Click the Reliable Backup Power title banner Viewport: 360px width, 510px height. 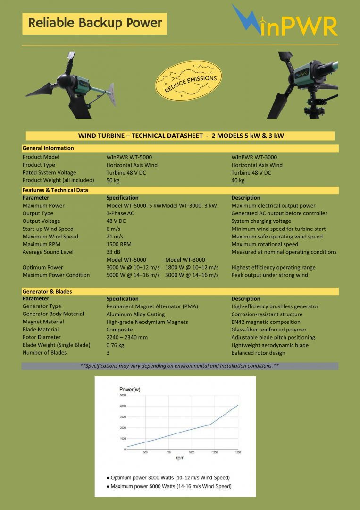click(94, 23)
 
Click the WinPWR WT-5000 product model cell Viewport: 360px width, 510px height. click(129, 157)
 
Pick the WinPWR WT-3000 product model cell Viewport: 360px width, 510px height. click(254, 157)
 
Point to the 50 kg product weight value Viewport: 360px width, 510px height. click(113, 180)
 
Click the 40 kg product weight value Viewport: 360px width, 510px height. click(238, 180)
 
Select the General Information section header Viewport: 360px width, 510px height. click(48, 148)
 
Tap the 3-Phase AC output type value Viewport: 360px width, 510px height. click(120, 213)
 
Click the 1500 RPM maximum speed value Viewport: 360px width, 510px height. click(119, 244)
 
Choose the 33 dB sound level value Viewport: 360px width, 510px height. click(113, 252)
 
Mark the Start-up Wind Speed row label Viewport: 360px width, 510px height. click(48, 229)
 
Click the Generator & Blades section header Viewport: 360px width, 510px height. click(47, 291)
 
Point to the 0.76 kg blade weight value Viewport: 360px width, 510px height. click(115, 345)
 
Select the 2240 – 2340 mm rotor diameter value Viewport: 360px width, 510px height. click(127, 338)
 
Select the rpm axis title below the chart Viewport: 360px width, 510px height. click(180, 458)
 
